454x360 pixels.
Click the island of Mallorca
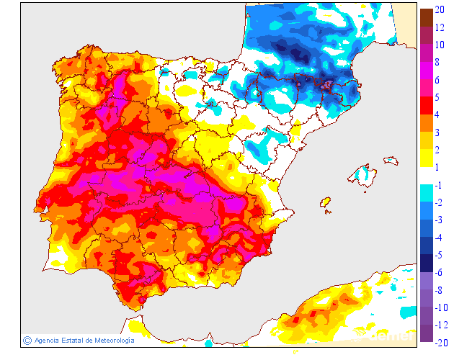click(363, 174)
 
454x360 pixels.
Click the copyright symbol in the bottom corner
click(27, 340)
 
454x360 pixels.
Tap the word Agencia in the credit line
click(47, 340)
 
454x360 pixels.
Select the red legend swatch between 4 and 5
click(426, 104)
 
